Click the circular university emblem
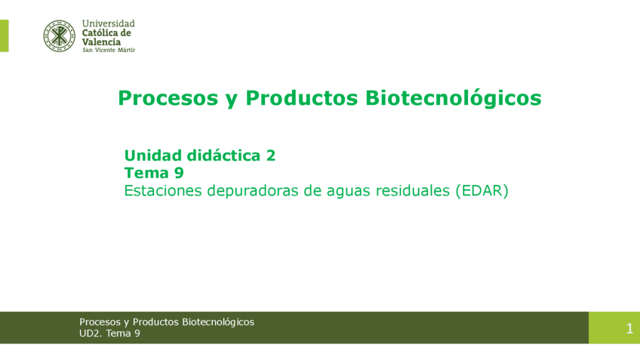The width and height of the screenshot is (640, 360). point(59,35)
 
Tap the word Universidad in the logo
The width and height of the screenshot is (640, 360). point(108,23)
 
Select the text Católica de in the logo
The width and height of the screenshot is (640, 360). point(106,32)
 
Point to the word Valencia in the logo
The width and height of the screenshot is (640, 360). point(101,42)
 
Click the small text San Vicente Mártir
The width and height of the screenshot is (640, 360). point(108,50)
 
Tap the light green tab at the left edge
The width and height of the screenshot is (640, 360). point(4,35)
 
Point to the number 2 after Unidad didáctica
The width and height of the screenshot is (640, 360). point(270,155)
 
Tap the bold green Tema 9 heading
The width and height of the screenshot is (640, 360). point(154,173)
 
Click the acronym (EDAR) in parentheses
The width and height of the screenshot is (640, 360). point(482,191)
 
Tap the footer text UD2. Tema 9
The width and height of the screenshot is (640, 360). point(109,334)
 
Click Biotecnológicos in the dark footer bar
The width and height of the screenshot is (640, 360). point(217,322)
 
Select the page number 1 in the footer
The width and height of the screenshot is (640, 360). point(629,328)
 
